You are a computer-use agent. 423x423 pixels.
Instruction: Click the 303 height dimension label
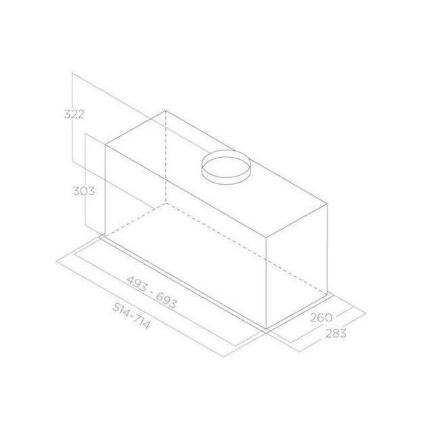[83, 190]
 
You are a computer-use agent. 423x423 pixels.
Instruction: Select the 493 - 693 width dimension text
[151, 292]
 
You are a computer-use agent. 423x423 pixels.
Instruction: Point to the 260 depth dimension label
[321, 317]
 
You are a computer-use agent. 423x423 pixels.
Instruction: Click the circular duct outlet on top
[225, 166]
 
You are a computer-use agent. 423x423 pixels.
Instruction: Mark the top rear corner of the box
[165, 110]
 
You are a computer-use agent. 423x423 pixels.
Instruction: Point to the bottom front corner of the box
[267, 328]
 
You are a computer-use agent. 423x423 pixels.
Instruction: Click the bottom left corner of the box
[105, 236]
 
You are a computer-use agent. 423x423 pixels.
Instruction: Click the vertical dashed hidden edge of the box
[165, 156]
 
